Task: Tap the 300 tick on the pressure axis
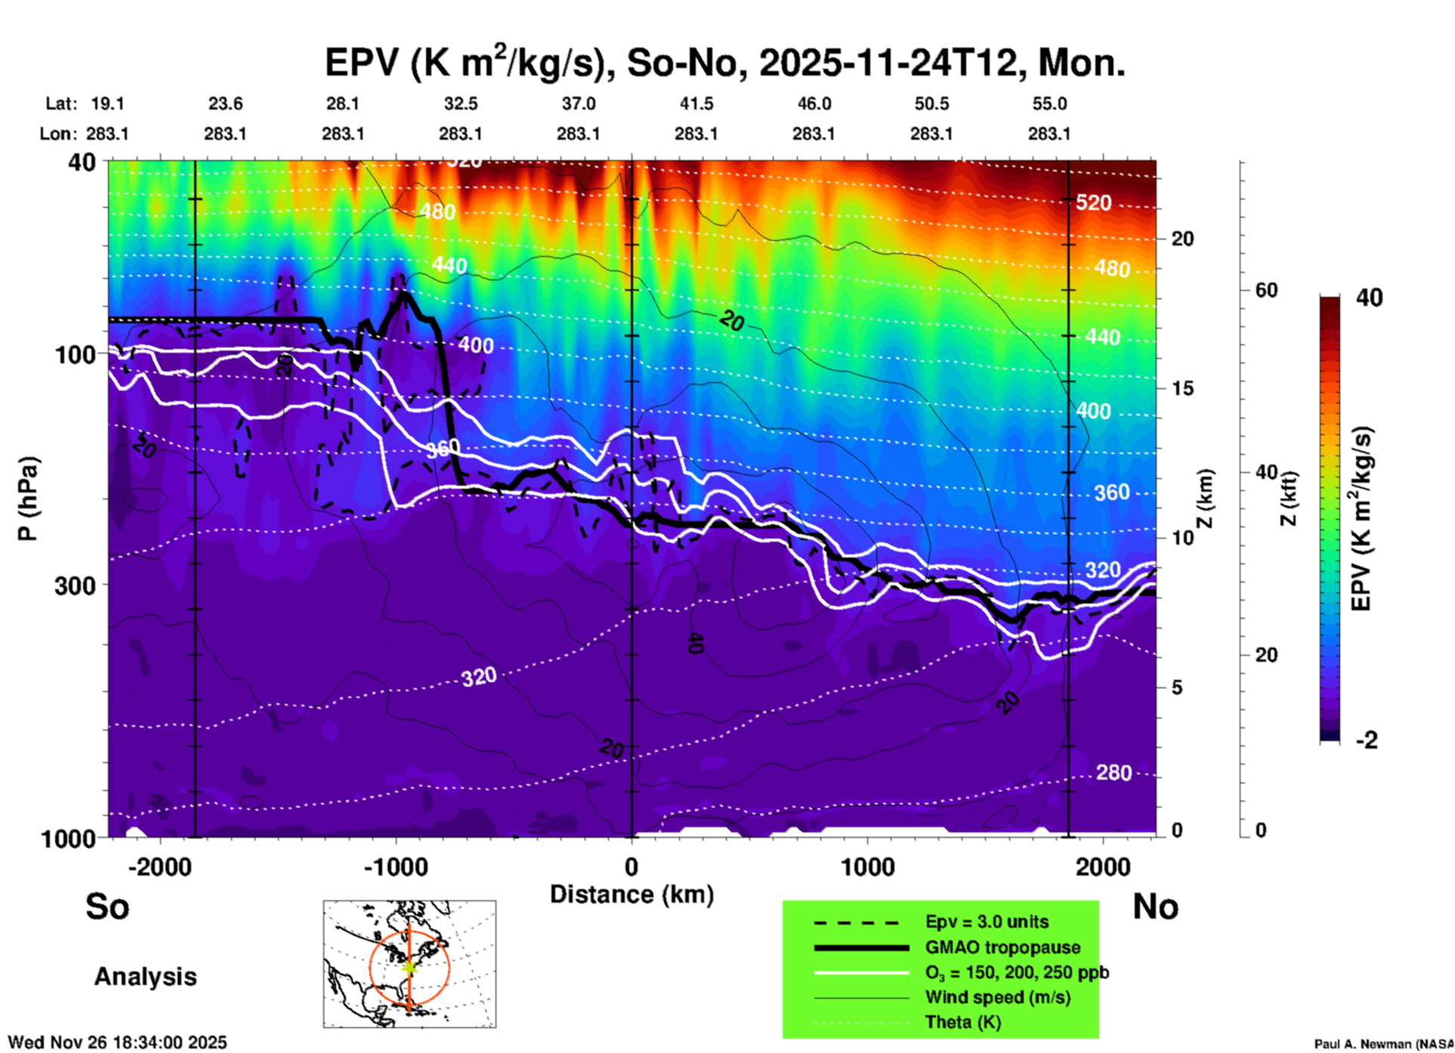pos(75,585)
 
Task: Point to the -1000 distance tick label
pos(396,866)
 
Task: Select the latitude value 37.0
pos(578,103)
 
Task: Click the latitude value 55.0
pos(1049,103)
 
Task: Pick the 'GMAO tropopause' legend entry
pos(1002,947)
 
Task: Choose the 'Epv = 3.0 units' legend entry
pos(987,922)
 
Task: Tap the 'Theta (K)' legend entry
pos(962,1022)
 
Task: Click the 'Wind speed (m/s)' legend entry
pos(997,997)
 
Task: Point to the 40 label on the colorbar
pos(1369,298)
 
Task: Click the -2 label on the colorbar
pos(1367,740)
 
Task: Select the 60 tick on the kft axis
pos(1266,291)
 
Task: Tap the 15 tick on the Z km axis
pos(1182,388)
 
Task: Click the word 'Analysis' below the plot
pos(145,976)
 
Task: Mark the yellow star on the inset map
pos(409,967)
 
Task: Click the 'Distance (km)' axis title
pos(632,894)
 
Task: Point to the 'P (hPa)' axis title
pos(28,499)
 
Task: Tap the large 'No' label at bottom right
pos(1155,906)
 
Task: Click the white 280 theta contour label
pos(1114,773)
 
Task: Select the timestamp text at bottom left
pos(117,1042)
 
